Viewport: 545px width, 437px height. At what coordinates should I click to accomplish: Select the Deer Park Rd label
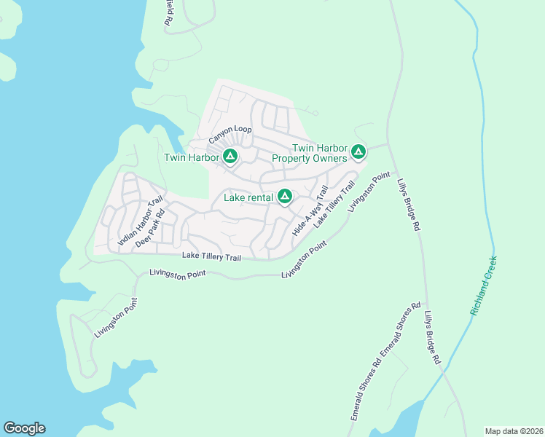click(151, 229)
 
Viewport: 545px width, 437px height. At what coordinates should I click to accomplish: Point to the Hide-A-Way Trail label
click(310, 210)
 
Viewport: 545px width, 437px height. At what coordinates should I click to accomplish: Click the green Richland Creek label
click(484, 286)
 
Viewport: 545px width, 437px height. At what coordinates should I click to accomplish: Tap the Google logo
click(24, 428)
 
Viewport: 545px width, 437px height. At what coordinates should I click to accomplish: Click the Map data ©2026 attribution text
click(514, 431)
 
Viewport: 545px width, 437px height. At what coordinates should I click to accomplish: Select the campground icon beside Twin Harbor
click(230, 156)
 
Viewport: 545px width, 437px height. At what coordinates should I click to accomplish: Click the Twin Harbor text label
click(192, 157)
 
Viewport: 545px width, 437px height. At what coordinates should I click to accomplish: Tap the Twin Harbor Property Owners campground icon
click(358, 151)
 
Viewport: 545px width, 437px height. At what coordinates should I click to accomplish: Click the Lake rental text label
click(248, 197)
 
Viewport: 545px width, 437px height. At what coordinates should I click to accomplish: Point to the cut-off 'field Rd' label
click(169, 14)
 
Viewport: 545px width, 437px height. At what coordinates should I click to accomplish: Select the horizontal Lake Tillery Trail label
click(211, 256)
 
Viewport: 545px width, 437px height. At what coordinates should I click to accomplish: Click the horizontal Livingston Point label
click(178, 273)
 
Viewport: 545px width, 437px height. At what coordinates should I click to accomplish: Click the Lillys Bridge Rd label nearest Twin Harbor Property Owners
click(409, 207)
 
